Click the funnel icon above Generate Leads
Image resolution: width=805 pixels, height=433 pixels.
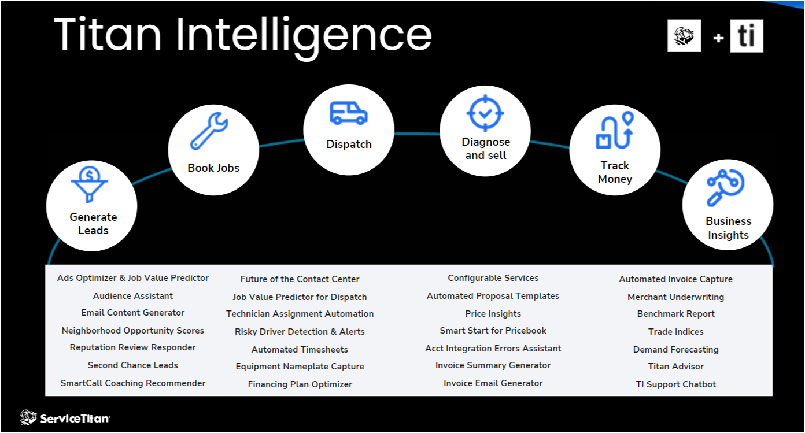tap(90, 184)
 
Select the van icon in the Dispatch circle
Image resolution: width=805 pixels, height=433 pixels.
tap(348, 113)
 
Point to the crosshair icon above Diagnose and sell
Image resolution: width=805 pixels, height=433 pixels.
tap(486, 113)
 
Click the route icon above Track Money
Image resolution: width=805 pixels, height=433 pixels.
tap(614, 131)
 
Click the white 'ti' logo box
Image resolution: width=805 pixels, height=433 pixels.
tap(746, 36)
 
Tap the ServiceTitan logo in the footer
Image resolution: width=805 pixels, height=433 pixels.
tap(65, 417)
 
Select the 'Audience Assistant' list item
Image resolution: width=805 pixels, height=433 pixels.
tap(133, 296)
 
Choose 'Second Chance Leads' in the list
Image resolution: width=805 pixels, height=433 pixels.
tap(133, 365)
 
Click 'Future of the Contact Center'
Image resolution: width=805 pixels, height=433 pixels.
tap(300, 279)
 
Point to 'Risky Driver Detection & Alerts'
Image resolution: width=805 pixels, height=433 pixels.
tap(300, 332)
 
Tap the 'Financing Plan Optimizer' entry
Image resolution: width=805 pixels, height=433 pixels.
tap(300, 384)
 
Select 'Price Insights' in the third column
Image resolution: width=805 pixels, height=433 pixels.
tap(493, 314)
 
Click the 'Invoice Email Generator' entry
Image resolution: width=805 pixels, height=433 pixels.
tap(493, 383)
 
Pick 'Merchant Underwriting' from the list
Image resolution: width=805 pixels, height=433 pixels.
tap(675, 297)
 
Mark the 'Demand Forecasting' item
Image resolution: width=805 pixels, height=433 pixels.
tap(675, 350)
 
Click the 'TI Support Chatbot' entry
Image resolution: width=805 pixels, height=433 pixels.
tap(675, 384)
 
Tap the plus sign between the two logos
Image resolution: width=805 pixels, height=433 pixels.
tap(718, 38)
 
